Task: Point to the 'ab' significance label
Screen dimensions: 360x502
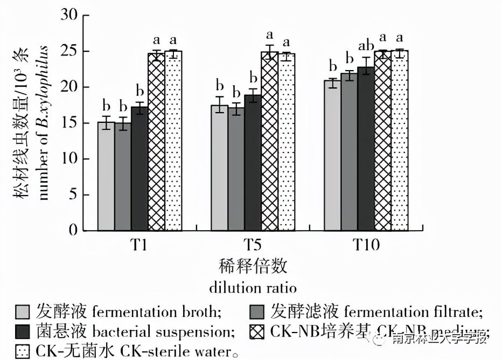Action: tap(365, 47)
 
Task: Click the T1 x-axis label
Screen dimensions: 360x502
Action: tap(140, 246)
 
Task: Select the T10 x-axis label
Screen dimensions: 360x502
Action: tap(366, 246)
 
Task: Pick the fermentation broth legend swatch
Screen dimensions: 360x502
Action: tap(22, 312)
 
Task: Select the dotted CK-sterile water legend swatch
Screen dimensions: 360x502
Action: tap(22, 351)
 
